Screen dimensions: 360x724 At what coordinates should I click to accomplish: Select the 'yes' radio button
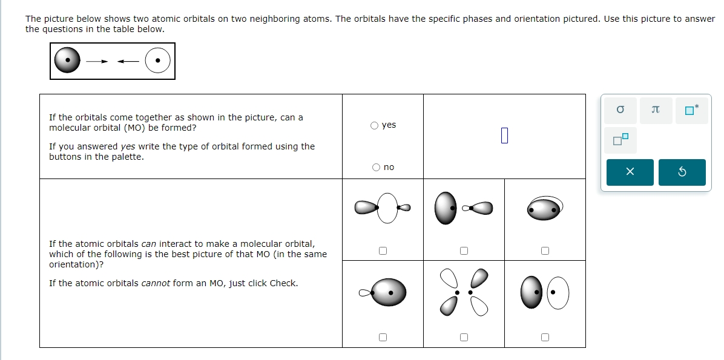(x=375, y=125)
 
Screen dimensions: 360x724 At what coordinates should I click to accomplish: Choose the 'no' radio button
(x=376, y=167)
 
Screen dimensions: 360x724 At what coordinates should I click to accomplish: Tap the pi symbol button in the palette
(x=655, y=110)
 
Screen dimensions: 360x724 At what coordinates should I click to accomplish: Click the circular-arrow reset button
(x=682, y=172)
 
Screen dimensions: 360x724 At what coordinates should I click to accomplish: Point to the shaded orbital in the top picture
(x=67, y=61)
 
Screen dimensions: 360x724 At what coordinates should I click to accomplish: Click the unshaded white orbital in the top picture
(x=157, y=61)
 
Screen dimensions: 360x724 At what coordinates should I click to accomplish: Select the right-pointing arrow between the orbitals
(x=97, y=61)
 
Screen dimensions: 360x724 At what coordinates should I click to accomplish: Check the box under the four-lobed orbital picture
(x=464, y=337)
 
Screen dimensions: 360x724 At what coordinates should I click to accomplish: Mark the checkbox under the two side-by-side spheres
(x=545, y=337)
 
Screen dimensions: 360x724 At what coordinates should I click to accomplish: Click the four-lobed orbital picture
(x=464, y=292)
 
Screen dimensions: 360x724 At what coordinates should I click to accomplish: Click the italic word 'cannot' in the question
(x=156, y=283)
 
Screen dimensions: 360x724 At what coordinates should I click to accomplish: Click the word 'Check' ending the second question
(x=282, y=283)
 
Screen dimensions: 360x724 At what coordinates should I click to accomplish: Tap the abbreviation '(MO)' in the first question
(x=134, y=128)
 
